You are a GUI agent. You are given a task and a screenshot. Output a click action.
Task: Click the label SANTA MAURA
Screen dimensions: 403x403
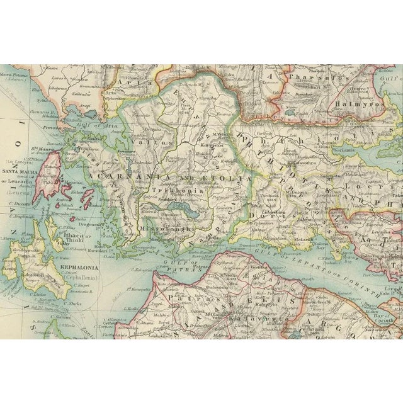pyautogui.click(x=21, y=171)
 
